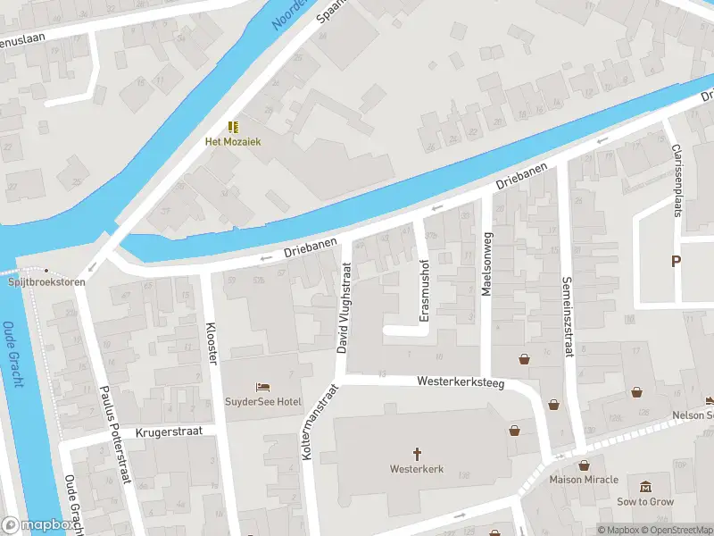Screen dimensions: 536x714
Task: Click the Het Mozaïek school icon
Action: coord(233,127)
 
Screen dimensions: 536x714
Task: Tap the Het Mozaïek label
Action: coord(233,142)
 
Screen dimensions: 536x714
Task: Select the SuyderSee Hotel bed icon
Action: coord(262,387)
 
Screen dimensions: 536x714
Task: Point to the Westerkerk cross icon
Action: coord(416,454)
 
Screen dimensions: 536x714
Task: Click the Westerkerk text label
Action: coord(416,469)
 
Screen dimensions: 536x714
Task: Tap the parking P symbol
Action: coord(676,261)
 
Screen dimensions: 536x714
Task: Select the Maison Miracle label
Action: coord(584,480)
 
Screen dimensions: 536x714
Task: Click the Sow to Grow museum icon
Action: coord(645,487)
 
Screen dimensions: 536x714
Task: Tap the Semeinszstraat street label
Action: coord(566,316)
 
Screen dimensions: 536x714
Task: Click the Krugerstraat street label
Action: coord(170,431)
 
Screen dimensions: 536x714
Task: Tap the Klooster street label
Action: coord(212,343)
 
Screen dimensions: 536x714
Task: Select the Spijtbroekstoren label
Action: coord(46,281)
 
